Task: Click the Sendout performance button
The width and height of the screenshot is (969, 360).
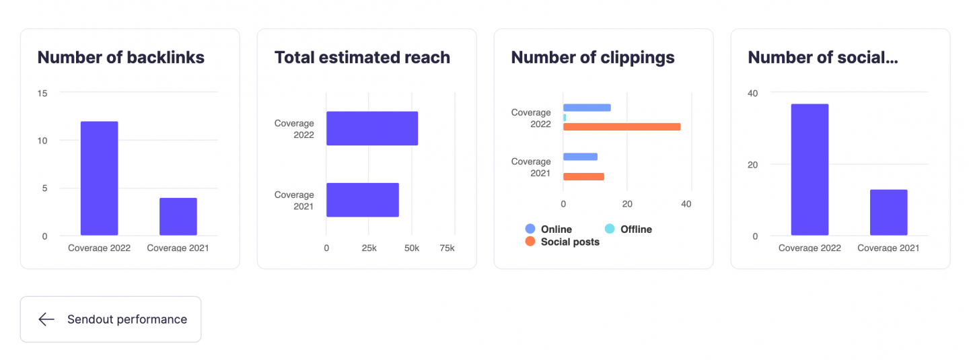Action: coord(110,319)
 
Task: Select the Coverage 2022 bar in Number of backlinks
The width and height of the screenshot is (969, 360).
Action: coord(99,178)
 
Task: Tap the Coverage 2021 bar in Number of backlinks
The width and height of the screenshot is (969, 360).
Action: coord(178,217)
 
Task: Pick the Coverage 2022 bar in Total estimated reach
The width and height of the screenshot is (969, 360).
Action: coord(372,129)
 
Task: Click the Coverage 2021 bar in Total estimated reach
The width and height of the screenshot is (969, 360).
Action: coord(363,200)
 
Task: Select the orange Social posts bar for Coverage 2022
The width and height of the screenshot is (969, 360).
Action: coord(622,127)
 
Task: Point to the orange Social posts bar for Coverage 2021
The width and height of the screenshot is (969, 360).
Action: coord(583,176)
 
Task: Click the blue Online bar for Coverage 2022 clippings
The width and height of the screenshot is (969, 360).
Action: coord(587,108)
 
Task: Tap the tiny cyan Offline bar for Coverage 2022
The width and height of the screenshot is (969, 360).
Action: coord(565,117)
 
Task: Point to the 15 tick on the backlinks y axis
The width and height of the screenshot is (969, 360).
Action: coord(43,93)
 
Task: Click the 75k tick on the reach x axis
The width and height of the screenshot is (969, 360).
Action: coord(447,248)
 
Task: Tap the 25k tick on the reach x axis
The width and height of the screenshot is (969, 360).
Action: coord(369,248)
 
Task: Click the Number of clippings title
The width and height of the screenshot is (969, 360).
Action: coord(593,58)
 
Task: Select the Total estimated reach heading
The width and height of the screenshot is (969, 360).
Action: coord(362,58)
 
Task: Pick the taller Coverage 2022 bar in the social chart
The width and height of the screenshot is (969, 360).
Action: coord(810,170)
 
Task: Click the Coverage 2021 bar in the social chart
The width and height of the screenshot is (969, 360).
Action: coord(888,213)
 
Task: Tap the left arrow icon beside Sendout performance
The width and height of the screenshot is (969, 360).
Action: coord(46,319)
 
